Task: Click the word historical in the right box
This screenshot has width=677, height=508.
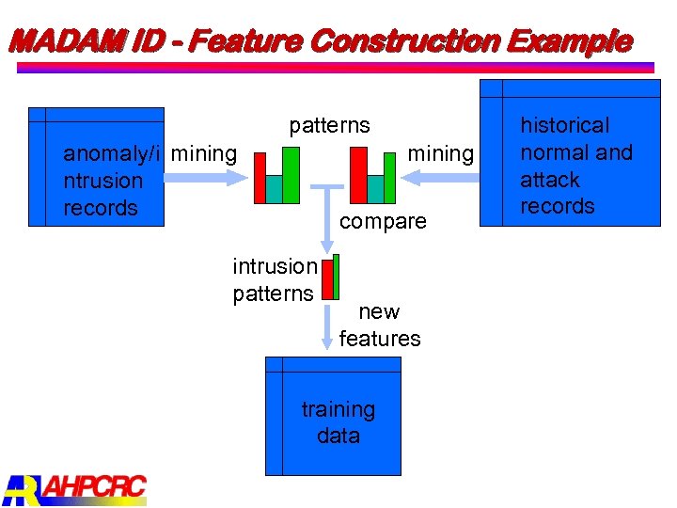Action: point(564,125)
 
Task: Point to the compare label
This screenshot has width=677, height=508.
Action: point(382,221)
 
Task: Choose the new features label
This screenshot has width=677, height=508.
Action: point(379,325)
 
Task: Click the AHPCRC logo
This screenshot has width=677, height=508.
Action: point(75,488)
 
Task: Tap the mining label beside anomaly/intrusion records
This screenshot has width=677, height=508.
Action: point(205,152)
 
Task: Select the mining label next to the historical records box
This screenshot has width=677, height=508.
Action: point(440,152)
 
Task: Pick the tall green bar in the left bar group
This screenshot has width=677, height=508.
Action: point(291,175)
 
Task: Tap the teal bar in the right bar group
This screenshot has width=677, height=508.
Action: point(375,188)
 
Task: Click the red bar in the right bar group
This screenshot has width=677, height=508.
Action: point(358,176)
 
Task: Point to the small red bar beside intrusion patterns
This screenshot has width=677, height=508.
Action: point(326,278)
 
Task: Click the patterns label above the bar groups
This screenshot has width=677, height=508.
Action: point(329,125)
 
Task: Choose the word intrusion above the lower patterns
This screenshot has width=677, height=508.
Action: point(275,266)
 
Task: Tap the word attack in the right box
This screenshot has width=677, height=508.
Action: point(550,180)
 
